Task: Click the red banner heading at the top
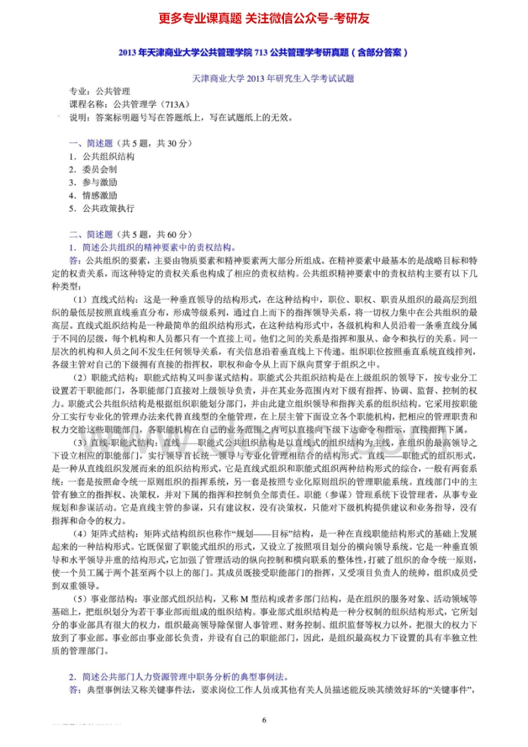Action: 264,18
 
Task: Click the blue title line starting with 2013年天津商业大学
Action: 263,52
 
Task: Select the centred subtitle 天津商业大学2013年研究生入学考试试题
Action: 263,78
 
